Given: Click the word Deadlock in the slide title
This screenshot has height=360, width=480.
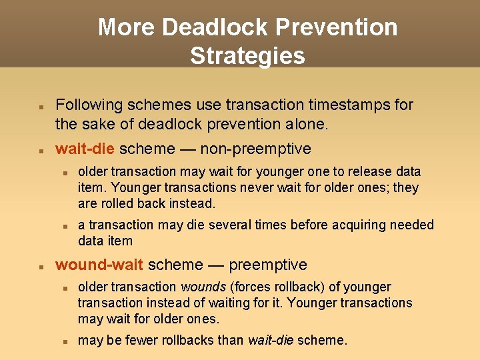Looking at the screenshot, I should (x=214, y=27).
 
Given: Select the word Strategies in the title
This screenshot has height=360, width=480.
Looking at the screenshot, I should (x=247, y=55).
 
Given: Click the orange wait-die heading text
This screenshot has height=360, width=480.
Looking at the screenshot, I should (x=85, y=149).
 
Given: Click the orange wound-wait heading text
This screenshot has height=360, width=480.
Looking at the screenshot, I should (x=99, y=265).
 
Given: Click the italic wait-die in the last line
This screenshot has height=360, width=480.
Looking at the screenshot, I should (x=271, y=340).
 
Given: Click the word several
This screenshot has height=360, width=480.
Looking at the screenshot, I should (x=230, y=225).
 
